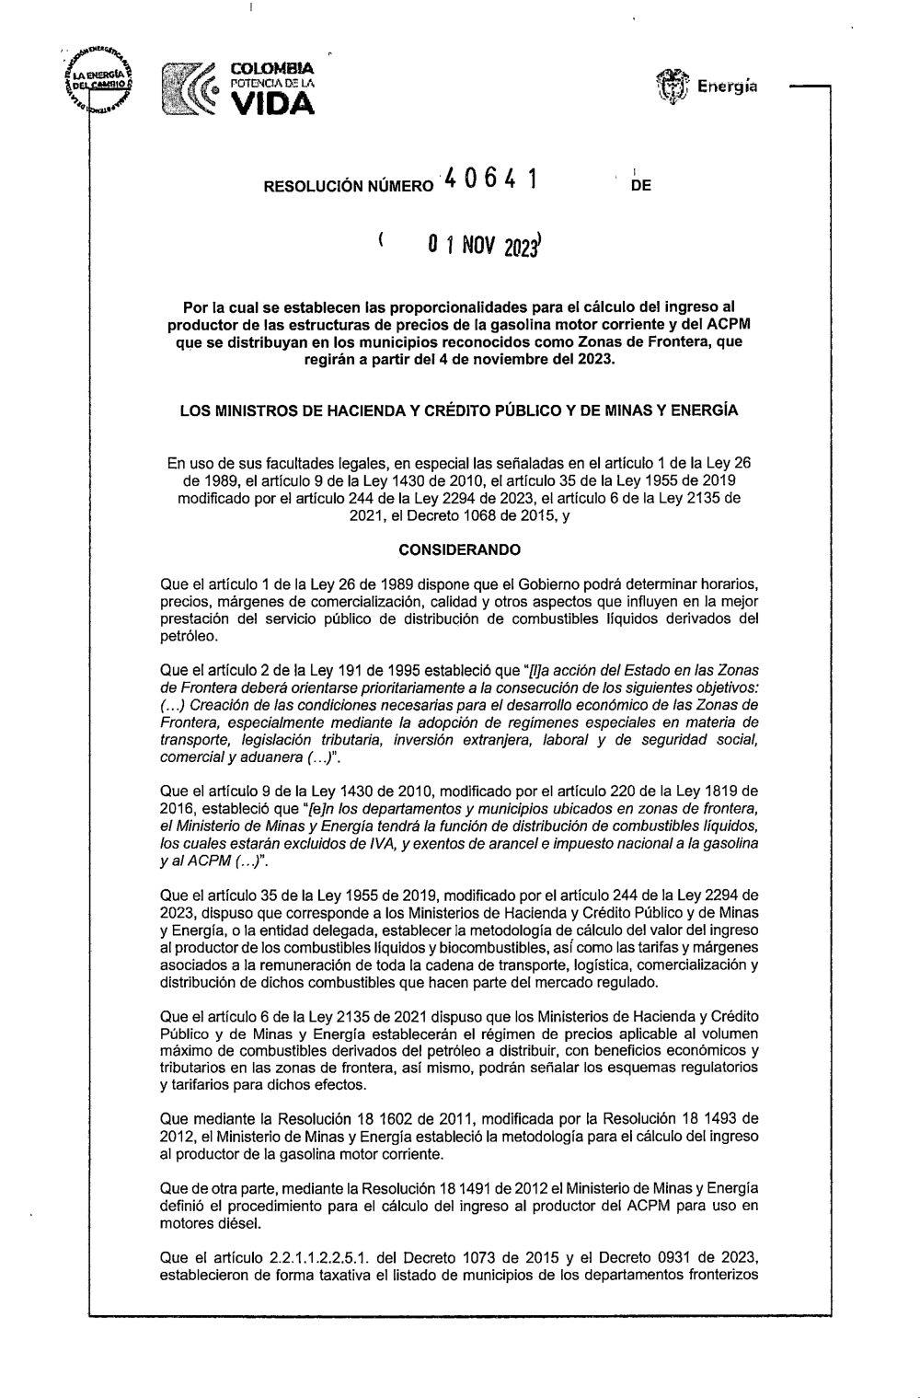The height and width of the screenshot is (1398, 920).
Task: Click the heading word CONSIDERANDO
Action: [x=459, y=550]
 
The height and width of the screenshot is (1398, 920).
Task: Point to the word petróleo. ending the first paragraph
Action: [x=189, y=635]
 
